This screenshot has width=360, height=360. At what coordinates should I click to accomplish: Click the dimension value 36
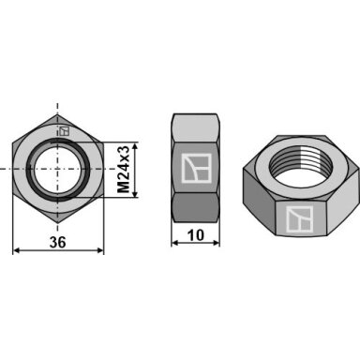(x=58, y=242)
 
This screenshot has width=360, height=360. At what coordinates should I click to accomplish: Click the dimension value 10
(x=196, y=235)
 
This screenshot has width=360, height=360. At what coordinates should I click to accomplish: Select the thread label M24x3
(x=124, y=169)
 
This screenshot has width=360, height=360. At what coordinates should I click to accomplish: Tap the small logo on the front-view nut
(x=64, y=131)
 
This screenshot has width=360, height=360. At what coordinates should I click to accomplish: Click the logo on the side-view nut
(x=196, y=168)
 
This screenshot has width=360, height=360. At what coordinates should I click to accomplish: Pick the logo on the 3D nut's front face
(x=299, y=219)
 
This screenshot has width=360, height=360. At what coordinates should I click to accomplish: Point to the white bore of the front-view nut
(x=57, y=169)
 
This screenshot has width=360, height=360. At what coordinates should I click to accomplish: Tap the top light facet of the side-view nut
(x=196, y=128)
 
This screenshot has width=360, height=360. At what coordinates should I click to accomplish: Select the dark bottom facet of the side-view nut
(x=196, y=207)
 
